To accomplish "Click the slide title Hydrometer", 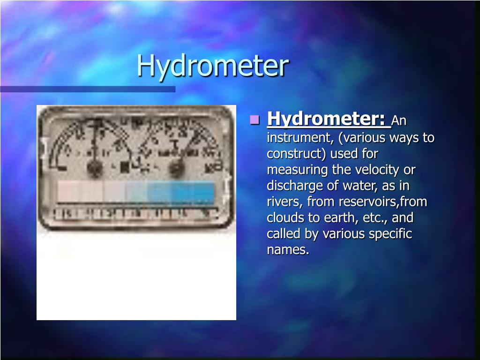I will click(x=212, y=66).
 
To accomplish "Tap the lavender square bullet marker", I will click(x=255, y=120).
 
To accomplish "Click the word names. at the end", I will click(x=288, y=250).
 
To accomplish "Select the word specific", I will click(x=390, y=234).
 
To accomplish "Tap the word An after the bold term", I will click(x=399, y=121).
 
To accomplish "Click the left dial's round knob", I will click(x=95, y=168).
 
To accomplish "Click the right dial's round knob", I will click(x=177, y=167).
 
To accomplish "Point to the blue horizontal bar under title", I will click(x=88, y=89).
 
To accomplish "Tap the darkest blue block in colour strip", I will click(x=202, y=192).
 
